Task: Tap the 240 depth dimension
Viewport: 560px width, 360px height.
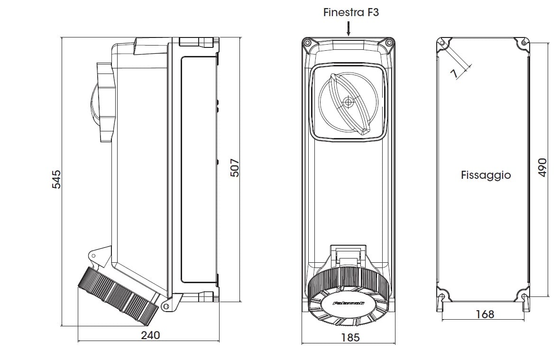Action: [x=150, y=335]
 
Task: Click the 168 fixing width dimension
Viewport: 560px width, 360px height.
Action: [x=484, y=314]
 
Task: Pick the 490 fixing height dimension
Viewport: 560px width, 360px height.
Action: [x=543, y=167]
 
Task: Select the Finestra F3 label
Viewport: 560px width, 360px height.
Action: [x=351, y=12]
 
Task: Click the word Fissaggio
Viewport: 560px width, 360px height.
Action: [x=486, y=175]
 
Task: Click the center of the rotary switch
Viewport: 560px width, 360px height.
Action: [x=349, y=102]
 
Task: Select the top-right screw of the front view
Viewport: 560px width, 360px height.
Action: [x=390, y=43]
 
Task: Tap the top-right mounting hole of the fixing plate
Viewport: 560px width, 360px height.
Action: [x=523, y=43]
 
